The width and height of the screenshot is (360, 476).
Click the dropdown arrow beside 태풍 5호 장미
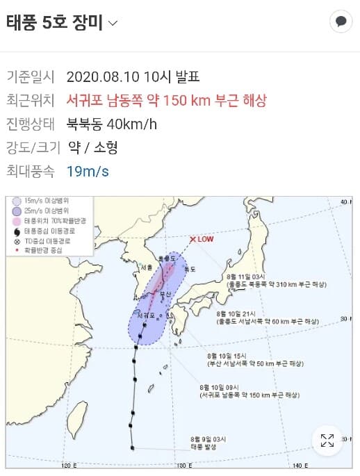113,23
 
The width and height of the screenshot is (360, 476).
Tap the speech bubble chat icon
341,22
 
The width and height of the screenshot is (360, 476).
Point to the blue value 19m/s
88,171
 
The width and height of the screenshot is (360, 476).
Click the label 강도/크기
30,147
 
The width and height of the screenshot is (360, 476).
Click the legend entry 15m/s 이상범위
42,201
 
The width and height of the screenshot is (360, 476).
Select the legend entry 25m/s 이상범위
42,211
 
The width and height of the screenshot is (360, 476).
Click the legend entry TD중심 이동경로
44,240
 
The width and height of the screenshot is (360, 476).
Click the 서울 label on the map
145,268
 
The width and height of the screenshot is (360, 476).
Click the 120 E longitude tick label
68,465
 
